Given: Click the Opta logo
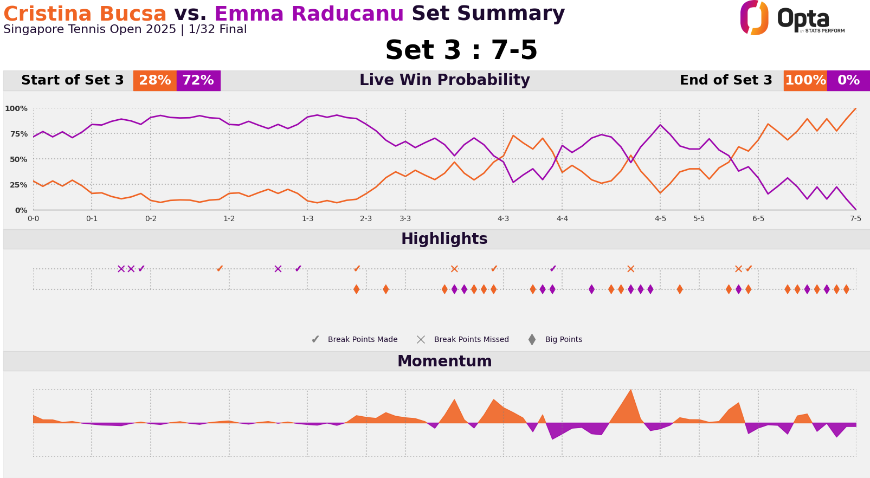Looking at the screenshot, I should click(x=791, y=18).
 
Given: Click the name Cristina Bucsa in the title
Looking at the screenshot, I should click(x=85, y=14).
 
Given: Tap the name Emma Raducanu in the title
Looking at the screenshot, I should click(x=309, y=14).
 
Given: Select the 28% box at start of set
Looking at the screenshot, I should click(x=155, y=81).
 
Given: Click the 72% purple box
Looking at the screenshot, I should click(x=198, y=81).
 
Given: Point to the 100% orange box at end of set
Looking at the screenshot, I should click(x=805, y=81).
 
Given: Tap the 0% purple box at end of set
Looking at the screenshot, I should click(x=848, y=81).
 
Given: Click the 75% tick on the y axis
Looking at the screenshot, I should click(x=16, y=134).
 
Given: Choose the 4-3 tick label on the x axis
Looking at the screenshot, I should click(x=503, y=219).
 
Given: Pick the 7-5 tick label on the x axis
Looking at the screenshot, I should click(x=855, y=219).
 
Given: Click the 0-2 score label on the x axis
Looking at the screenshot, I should click(x=151, y=219).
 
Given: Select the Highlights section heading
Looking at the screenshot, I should click(x=444, y=239).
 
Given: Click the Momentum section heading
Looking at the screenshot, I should click(x=444, y=361).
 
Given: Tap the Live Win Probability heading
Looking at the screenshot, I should click(x=444, y=80).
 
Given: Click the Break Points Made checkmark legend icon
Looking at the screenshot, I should click(x=315, y=340).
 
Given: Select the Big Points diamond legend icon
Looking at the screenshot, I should click(x=532, y=340).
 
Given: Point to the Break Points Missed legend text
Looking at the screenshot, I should click(x=471, y=340).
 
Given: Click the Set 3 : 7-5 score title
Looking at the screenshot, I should click(x=461, y=51).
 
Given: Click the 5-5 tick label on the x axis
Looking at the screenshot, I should click(x=699, y=219).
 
